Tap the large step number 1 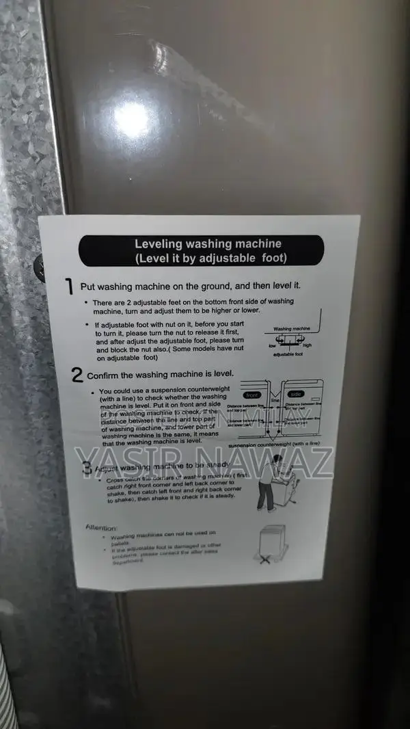[x=70, y=286]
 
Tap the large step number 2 [x=77, y=375]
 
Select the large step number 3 [x=86, y=469]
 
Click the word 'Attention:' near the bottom [x=102, y=527]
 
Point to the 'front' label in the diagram [x=251, y=395]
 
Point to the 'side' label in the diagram [x=296, y=395]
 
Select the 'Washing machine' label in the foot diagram [x=292, y=329]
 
